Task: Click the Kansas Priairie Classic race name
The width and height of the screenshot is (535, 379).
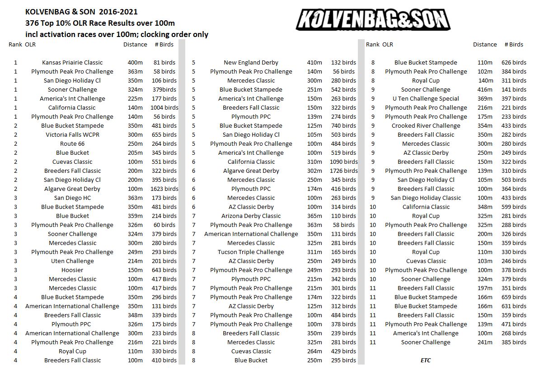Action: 72,63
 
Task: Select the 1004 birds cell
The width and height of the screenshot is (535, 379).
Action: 164,108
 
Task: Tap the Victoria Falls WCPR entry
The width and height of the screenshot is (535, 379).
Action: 72,135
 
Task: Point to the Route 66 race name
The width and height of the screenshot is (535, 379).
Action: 72,144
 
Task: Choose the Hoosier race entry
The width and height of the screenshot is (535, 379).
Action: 72,270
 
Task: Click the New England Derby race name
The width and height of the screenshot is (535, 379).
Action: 251,63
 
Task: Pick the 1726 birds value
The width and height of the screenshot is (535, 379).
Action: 344,171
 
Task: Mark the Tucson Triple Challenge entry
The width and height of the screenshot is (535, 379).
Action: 251,252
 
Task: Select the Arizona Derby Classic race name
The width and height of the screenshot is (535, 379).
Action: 251,216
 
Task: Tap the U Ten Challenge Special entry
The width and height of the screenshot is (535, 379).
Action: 426,99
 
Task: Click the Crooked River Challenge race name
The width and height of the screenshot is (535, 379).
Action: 426,126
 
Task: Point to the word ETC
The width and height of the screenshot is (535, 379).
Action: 426,361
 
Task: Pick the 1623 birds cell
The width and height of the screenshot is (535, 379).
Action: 164,189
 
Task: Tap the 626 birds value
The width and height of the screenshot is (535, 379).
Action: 514,63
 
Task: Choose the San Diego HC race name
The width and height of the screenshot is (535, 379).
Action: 72,198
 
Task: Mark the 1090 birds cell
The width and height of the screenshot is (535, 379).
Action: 344,162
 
